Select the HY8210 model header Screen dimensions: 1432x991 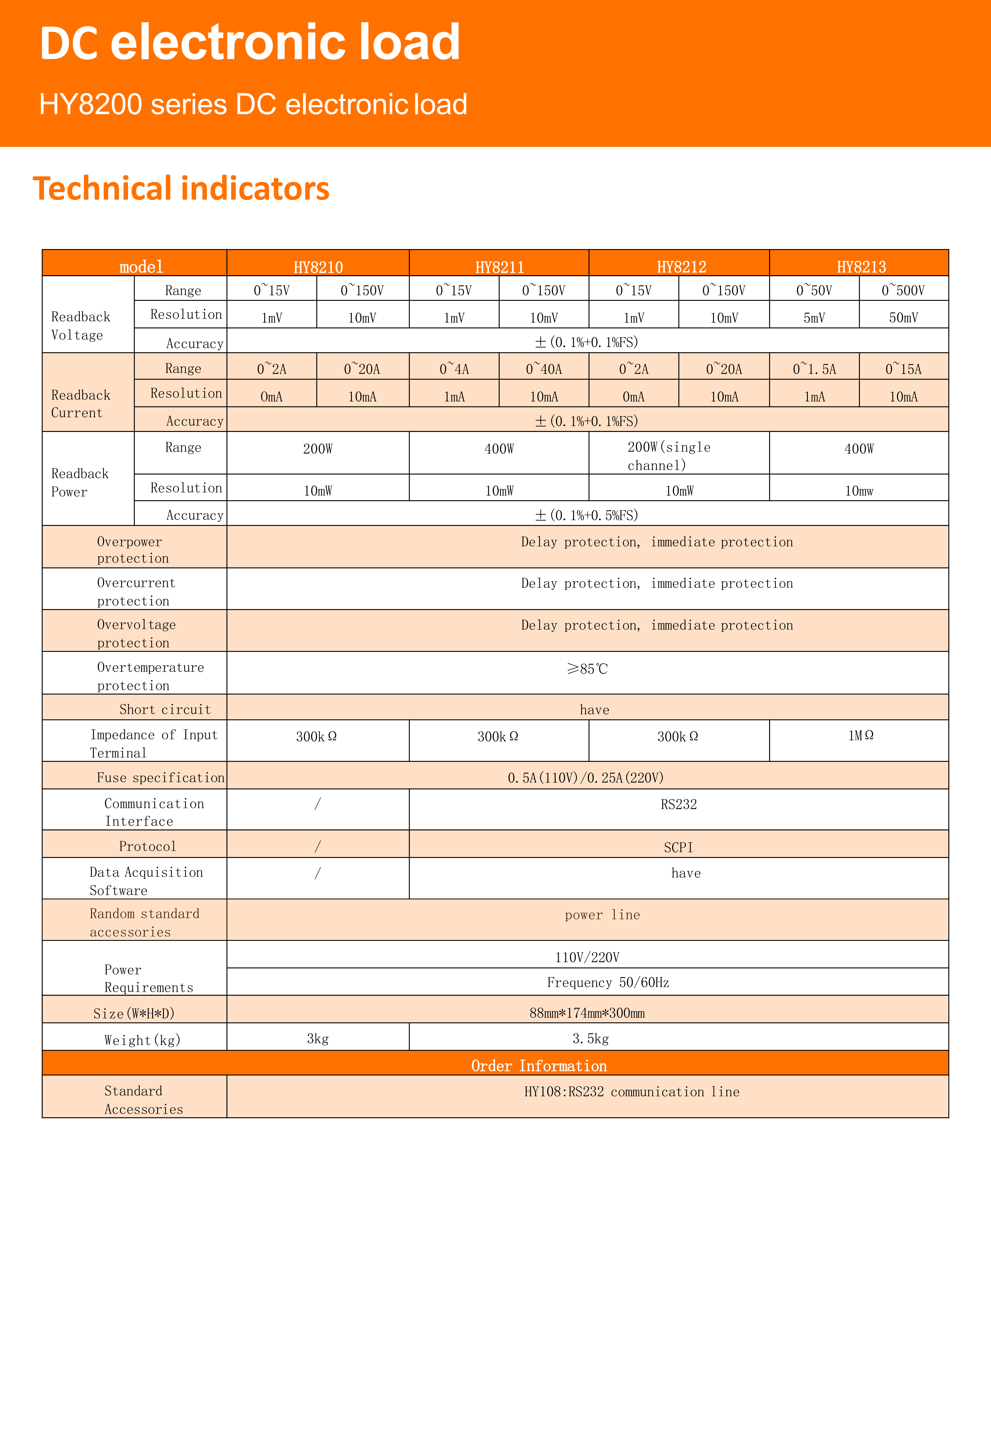318,267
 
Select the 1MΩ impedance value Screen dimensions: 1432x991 861,736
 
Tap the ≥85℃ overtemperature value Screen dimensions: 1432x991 587,669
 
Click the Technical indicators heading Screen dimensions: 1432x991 181,189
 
